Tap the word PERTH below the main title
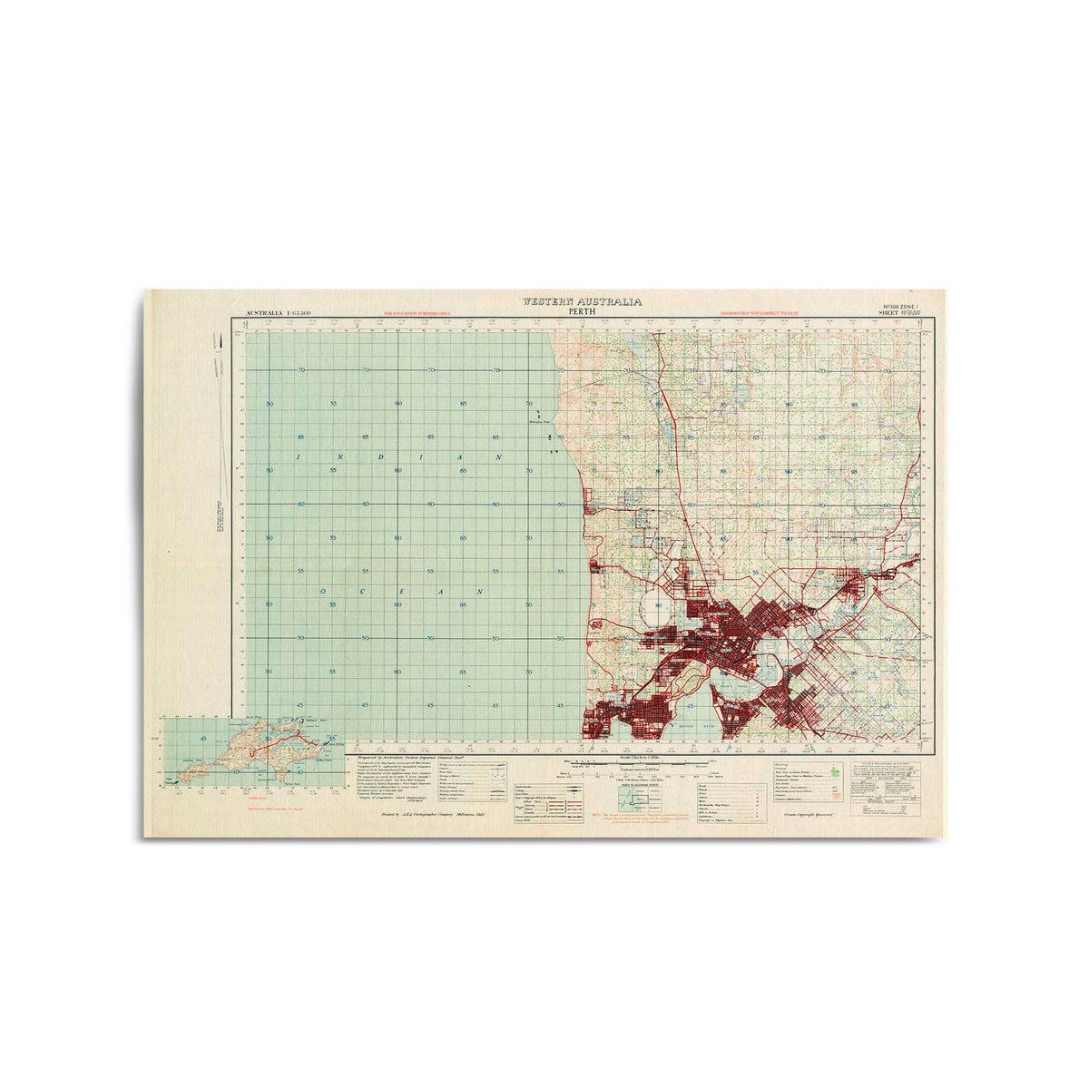coord(582,310)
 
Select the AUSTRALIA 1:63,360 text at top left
coord(275,313)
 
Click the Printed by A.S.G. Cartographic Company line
coord(434,815)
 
